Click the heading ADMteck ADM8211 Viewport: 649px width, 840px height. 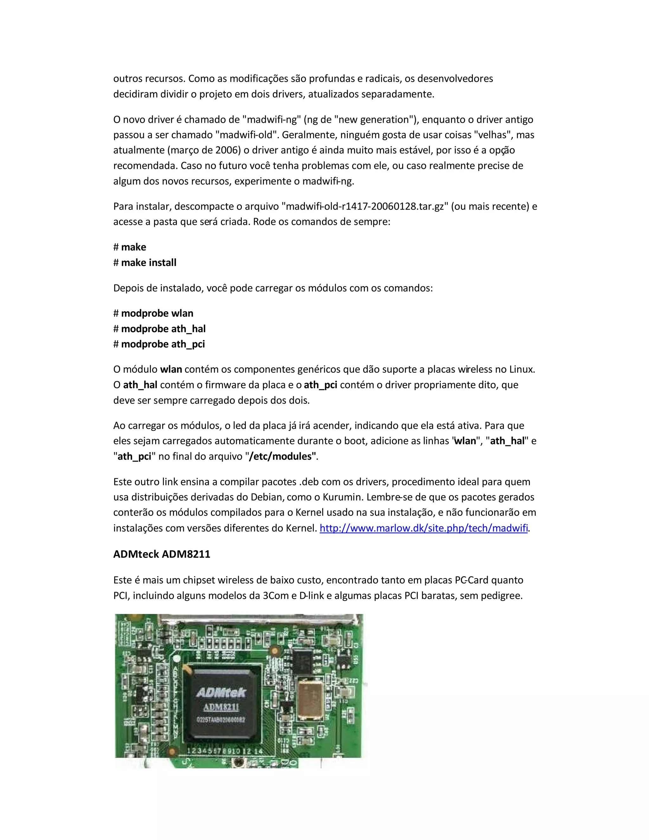(162, 554)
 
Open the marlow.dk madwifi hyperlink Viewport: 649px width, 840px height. (423, 528)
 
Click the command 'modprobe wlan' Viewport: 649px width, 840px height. (157, 313)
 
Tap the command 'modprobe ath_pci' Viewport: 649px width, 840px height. (163, 344)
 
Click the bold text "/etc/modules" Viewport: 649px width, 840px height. (282, 456)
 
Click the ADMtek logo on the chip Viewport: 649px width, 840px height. (221, 693)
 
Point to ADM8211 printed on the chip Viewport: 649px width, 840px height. (221, 707)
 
